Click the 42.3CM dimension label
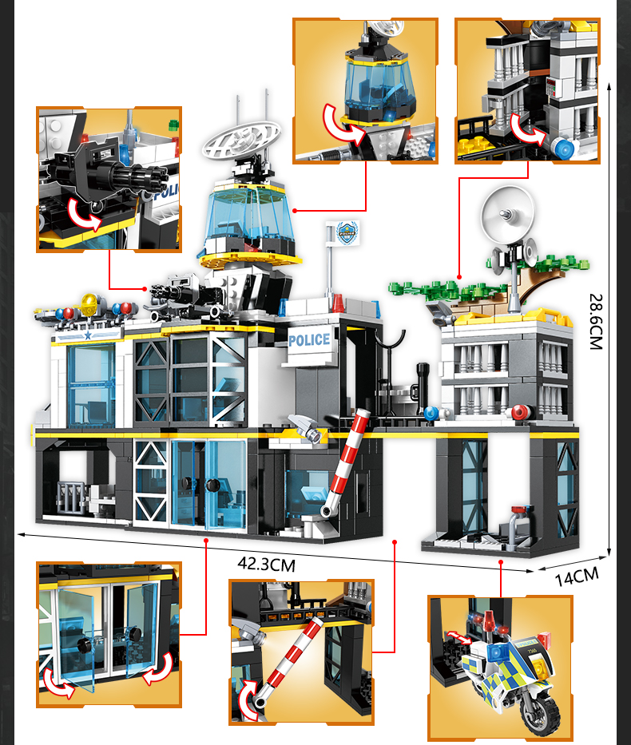[267, 564]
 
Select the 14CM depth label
[577, 577]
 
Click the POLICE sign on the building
[309, 339]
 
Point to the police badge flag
[347, 232]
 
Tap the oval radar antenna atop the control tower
[241, 140]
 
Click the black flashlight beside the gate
[423, 388]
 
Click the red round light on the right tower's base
[521, 411]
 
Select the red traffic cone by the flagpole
[338, 303]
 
